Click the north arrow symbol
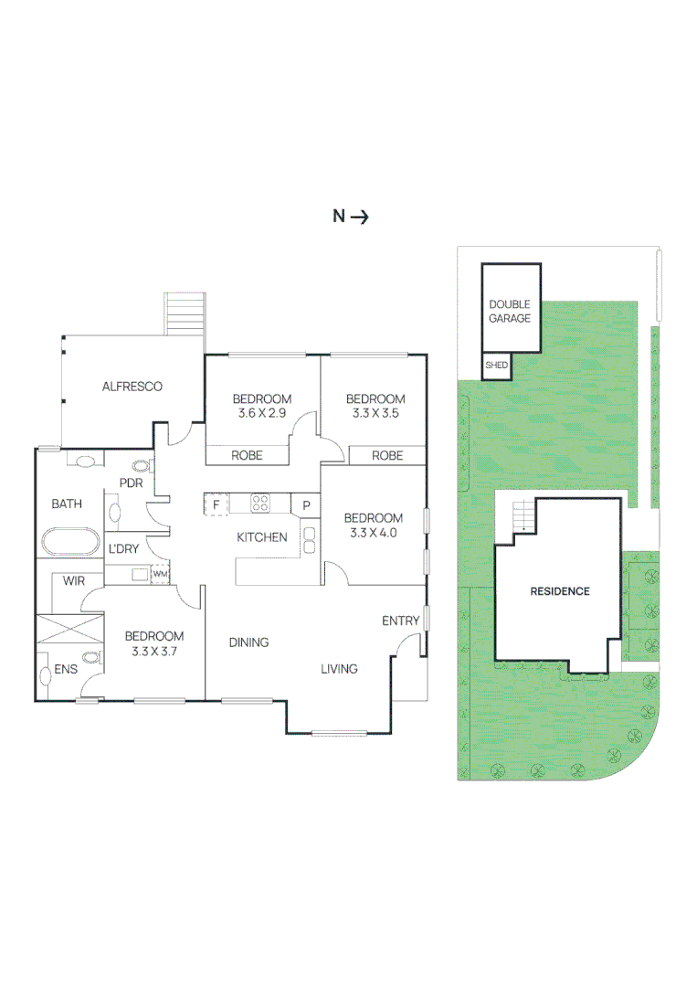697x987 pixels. (359, 217)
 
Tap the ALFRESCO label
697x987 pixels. (132, 387)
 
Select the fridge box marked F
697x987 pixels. (216, 504)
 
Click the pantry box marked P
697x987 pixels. (306, 504)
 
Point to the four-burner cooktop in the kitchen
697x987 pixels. (261, 503)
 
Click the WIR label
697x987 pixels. (74, 580)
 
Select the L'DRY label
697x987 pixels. (123, 549)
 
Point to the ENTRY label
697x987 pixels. (401, 621)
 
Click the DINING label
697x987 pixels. (248, 642)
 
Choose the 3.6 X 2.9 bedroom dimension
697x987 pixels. (262, 413)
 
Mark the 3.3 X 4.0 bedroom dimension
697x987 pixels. (374, 533)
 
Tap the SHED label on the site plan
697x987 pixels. (497, 366)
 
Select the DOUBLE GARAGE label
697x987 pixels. (510, 312)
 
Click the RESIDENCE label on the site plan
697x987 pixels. (560, 591)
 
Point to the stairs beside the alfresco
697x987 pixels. (185, 313)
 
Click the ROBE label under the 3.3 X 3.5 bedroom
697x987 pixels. (387, 455)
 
